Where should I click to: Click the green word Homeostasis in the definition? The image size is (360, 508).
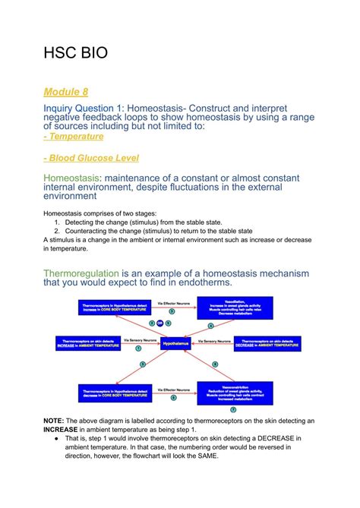[71, 177]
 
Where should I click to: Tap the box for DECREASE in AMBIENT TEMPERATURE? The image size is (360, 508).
[266, 343]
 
